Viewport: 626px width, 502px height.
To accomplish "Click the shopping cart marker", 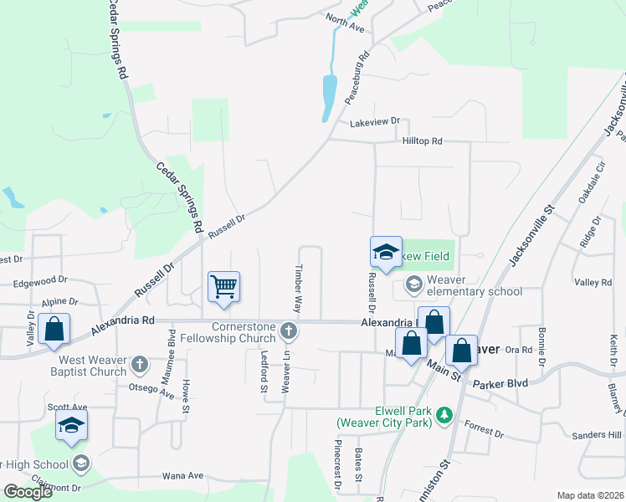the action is pos(224,287).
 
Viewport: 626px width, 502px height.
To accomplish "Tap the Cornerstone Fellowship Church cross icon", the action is pos(289,331).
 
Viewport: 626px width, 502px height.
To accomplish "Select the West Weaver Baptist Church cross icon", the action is pos(140,364).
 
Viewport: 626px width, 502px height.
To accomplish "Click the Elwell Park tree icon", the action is pos(444,414).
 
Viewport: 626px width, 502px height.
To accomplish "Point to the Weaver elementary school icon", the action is pos(413,284).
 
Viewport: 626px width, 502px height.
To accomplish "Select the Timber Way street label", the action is pos(296,289).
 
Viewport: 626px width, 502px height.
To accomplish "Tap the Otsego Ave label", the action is pos(151,390).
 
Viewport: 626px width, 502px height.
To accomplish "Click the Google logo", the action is pos(27,491).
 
